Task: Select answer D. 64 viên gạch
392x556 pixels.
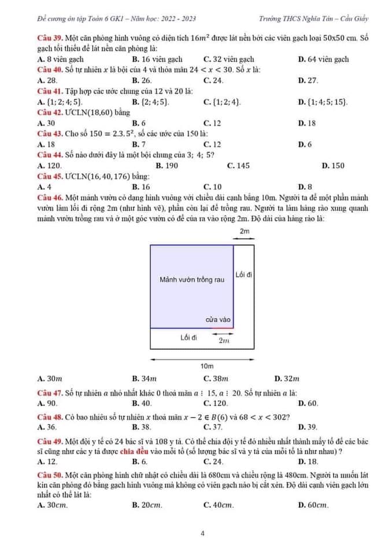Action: pyautogui.click(x=323, y=59)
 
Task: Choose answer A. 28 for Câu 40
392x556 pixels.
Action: pyautogui.click(x=46, y=81)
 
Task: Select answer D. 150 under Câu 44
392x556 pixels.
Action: pyautogui.click(x=332, y=166)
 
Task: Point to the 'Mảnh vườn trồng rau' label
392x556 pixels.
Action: pyautogui.click(x=191, y=280)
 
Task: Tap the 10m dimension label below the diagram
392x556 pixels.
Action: pyautogui.click(x=206, y=366)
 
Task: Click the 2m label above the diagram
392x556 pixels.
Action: pyautogui.click(x=245, y=231)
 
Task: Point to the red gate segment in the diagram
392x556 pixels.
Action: pyautogui.click(x=222, y=327)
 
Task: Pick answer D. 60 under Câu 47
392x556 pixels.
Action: pyautogui.click(x=308, y=403)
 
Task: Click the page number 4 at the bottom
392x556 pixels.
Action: pyautogui.click(x=203, y=533)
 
